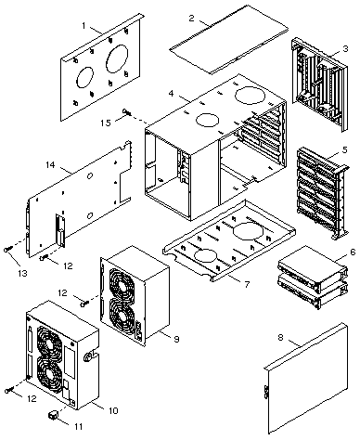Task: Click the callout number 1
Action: click(84, 25)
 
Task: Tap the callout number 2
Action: click(192, 18)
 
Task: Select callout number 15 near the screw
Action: click(106, 123)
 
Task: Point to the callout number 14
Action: click(50, 164)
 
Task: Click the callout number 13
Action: click(22, 273)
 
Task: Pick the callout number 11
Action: click(79, 426)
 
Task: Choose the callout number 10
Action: click(113, 410)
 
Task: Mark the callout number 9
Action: click(176, 339)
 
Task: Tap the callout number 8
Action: click(280, 337)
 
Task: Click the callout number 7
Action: click(247, 284)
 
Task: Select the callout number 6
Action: click(353, 252)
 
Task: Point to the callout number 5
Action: click(344, 149)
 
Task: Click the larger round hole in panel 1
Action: click(117, 58)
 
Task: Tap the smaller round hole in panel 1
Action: click(84, 77)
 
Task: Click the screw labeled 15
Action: click(127, 112)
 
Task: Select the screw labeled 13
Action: click(8, 249)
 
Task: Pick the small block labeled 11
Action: click(53, 415)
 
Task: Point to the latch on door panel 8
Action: click(265, 392)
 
